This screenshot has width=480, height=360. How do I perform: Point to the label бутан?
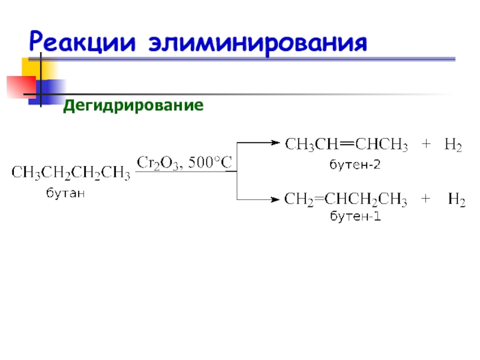point(66,193)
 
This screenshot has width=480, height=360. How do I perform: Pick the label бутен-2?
point(355,163)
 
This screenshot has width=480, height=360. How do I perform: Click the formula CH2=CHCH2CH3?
point(346,200)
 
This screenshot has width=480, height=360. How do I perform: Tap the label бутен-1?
point(355,217)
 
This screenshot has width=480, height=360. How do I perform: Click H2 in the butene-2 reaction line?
point(453,145)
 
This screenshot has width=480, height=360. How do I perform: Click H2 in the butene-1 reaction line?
point(457,200)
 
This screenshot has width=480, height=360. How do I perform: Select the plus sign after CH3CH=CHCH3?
point(426,145)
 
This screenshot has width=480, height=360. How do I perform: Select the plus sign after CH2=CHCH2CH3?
point(426,200)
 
